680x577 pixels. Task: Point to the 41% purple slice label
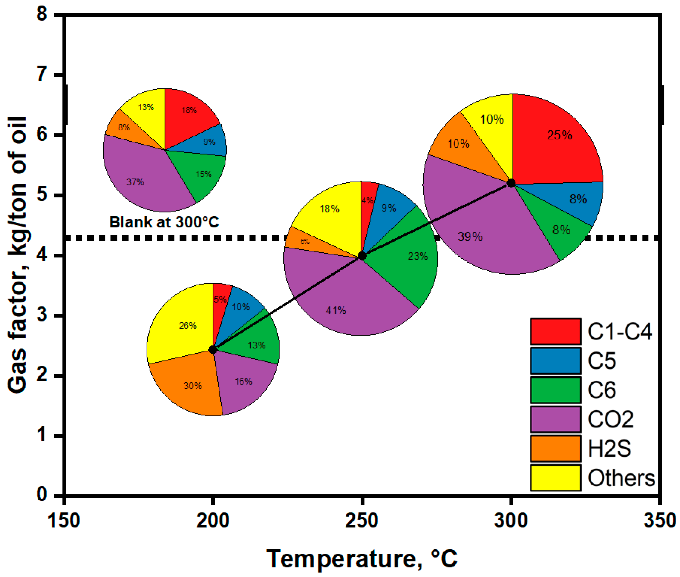coord(336,310)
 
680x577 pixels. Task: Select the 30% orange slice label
coord(193,386)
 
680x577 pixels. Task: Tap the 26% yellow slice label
coord(188,326)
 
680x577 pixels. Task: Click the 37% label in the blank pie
coord(135,182)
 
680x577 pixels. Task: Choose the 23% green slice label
coord(417,256)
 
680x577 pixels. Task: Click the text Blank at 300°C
coord(164,222)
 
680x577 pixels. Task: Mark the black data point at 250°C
coord(361,256)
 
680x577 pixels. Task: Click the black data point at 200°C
coord(213,350)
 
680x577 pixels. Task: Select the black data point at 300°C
coord(511,183)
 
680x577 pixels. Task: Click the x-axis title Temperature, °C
coord(361,559)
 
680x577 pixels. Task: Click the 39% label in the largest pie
coord(470,236)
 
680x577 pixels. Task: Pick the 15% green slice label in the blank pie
coord(203,174)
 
